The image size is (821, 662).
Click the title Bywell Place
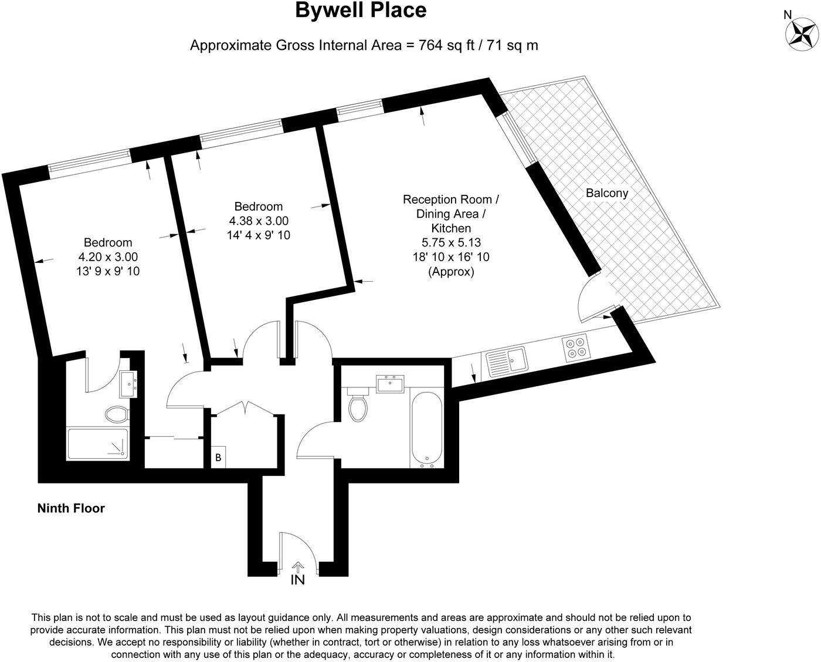tap(360, 11)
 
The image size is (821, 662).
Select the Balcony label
tap(607, 193)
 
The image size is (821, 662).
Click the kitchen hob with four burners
tap(575, 347)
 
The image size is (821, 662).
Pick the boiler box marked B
tap(218, 458)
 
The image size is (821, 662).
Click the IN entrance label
tap(298, 580)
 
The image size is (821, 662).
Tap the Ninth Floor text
tap(71, 508)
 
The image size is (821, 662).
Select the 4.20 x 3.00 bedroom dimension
tap(108, 257)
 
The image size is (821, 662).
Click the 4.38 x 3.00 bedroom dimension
tap(259, 221)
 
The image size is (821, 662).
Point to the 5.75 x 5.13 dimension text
tap(451, 242)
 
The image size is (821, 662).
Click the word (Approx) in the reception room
tap(451, 272)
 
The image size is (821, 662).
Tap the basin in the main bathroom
tap(389, 384)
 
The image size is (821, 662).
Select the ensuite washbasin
tap(128, 384)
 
